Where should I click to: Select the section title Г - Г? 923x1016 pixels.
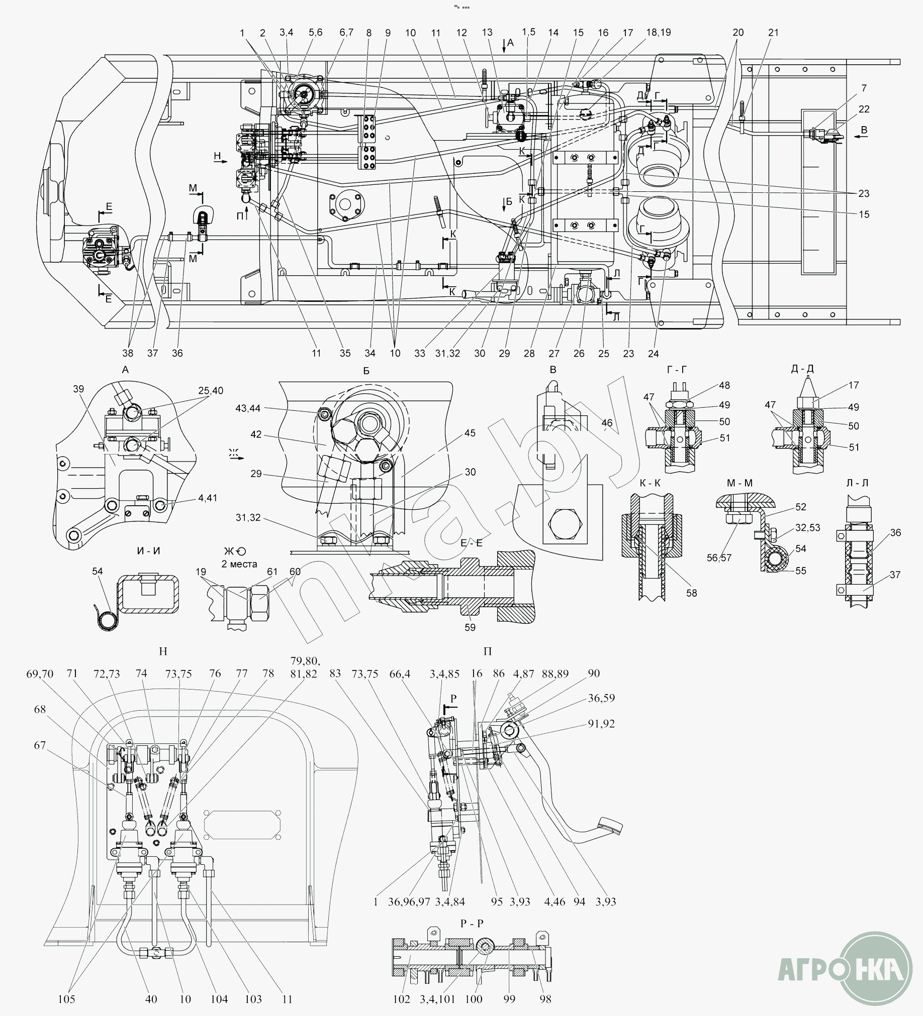coord(676,370)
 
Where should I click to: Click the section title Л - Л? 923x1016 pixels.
coord(857,483)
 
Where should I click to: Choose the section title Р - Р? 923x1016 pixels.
coord(472,923)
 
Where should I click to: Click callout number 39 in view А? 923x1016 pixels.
coord(78,389)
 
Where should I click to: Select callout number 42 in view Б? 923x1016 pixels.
coord(256,434)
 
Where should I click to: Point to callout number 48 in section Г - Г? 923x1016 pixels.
coord(724,385)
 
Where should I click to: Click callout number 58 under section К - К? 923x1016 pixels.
coord(691,593)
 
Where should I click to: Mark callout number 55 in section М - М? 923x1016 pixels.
coord(800,571)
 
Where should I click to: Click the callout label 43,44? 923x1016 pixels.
coord(248,408)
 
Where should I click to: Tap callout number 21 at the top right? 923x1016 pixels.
coord(773,32)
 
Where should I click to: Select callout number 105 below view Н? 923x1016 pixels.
coord(66,999)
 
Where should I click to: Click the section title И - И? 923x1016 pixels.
coord(148,551)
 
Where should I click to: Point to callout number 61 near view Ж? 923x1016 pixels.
coord(272,571)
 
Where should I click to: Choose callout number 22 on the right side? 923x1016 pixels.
coord(864,109)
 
